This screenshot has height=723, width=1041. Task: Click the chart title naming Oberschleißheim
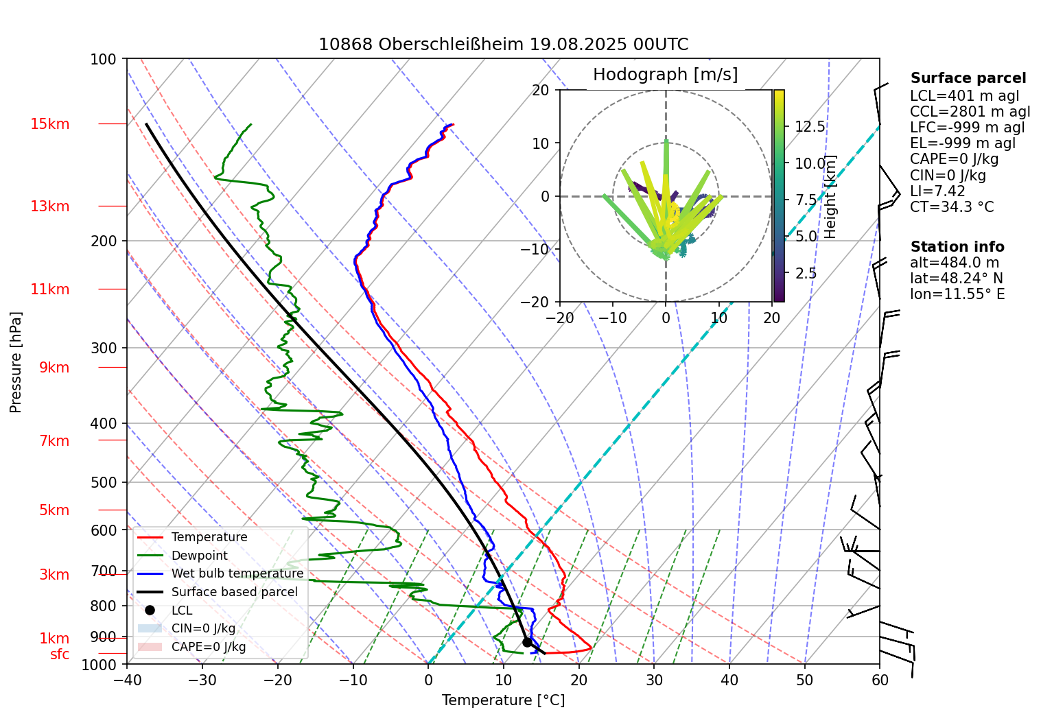[x=503, y=45]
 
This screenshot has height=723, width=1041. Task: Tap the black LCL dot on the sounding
[x=527, y=642]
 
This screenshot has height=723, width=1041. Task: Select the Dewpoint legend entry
[x=199, y=556]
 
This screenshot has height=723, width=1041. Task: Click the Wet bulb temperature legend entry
[x=237, y=573]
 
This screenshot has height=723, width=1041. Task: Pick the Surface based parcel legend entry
[x=234, y=592]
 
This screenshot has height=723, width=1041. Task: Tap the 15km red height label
[x=50, y=124]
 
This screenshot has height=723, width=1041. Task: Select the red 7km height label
[x=54, y=441]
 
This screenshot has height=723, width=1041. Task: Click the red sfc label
[x=60, y=654]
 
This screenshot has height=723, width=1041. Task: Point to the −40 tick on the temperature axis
[x=127, y=680]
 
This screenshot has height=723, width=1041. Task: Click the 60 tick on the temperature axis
[x=880, y=680]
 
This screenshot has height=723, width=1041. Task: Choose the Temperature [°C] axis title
[x=503, y=700]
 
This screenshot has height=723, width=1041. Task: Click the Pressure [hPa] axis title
[x=16, y=362]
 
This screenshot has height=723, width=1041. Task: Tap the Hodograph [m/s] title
[x=665, y=75]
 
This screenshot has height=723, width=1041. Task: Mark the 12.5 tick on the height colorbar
[x=810, y=127]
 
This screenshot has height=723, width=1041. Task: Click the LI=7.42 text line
[x=937, y=191]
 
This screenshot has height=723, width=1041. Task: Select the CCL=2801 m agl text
[x=970, y=112]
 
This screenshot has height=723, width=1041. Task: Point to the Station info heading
[x=957, y=247]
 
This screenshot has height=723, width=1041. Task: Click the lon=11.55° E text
[x=957, y=294]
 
